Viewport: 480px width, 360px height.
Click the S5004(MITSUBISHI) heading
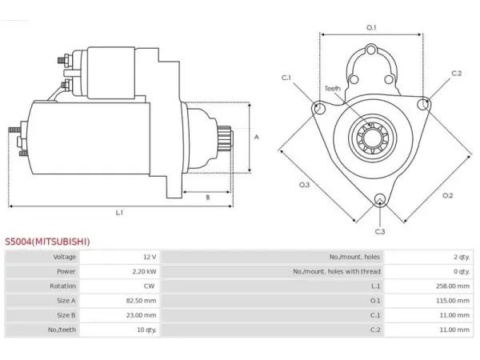pyautogui.click(x=47, y=242)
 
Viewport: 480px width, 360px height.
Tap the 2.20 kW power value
pyautogui.click(x=144, y=271)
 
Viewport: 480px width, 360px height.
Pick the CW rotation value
pyautogui.click(x=149, y=286)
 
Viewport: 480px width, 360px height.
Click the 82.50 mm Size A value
pyautogui.click(x=141, y=301)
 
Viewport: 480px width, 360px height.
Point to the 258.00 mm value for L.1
pyautogui.click(x=453, y=286)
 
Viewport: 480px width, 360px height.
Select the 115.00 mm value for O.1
pyautogui.click(x=453, y=301)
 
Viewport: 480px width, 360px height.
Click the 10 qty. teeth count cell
pyautogui.click(x=146, y=330)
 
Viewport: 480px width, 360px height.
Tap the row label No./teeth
pyautogui.click(x=62, y=330)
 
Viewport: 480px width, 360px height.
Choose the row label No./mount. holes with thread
pyautogui.click(x=337, y=271)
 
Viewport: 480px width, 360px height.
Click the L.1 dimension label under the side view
pyautogui.click(x=119, y=213)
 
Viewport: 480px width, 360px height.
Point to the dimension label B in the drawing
pyautogui.click(x=208, y=198)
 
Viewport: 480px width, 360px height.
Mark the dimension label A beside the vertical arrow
pyautogui.click(x=257, y=137)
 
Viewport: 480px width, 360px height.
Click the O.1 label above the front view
pyautogui.click(x=371, y=27)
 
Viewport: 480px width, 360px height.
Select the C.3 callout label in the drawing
pyautogui.click(x=380, y=232)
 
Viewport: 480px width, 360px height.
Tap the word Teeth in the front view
pyautogui.click(x=333, y=89)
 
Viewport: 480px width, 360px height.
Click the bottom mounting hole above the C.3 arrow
pyautogui.click(x=380, y=198)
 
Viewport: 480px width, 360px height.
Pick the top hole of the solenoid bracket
pyautogui.click(x=371, y=50)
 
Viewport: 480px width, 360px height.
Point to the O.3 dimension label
pyautogui.click(x=304, y=185)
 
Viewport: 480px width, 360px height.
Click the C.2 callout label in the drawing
pyautogui.click(x=457, y=74)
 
